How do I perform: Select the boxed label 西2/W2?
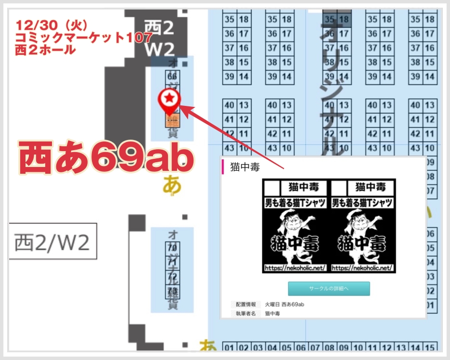pyautogui.click(x=52, y=242)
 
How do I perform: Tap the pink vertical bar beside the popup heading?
pyautogui.click(x=223, y=167)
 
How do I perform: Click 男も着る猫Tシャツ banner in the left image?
pyautogui.click(x=295, y=203)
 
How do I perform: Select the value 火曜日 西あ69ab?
pyautogui.click(x=284, y=304)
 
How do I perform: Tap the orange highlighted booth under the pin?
pyautogui.click(x=172, y=121)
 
